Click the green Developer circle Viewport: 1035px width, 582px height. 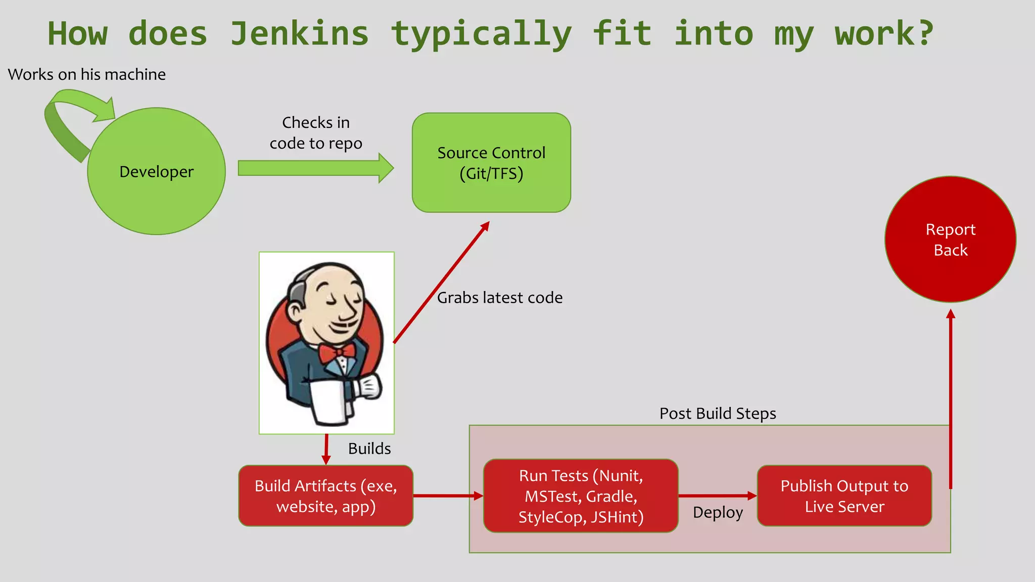point(156,171)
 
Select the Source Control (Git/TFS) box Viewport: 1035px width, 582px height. point(491,163)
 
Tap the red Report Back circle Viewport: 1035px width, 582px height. point(950,239)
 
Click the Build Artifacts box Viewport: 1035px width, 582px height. point(326,496)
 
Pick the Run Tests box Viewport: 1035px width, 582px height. point(581,496)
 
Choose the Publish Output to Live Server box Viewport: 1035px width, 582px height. point(844,496)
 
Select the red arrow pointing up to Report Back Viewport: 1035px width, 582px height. point(951,399)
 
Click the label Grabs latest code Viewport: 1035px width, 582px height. point(499,298)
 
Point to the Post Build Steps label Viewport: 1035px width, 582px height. point(717,413)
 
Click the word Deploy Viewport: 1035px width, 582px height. point(718,512)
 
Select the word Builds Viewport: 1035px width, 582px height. point(369,448)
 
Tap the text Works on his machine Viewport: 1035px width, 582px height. point(87,74)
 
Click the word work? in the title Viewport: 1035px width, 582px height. point(884,33)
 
